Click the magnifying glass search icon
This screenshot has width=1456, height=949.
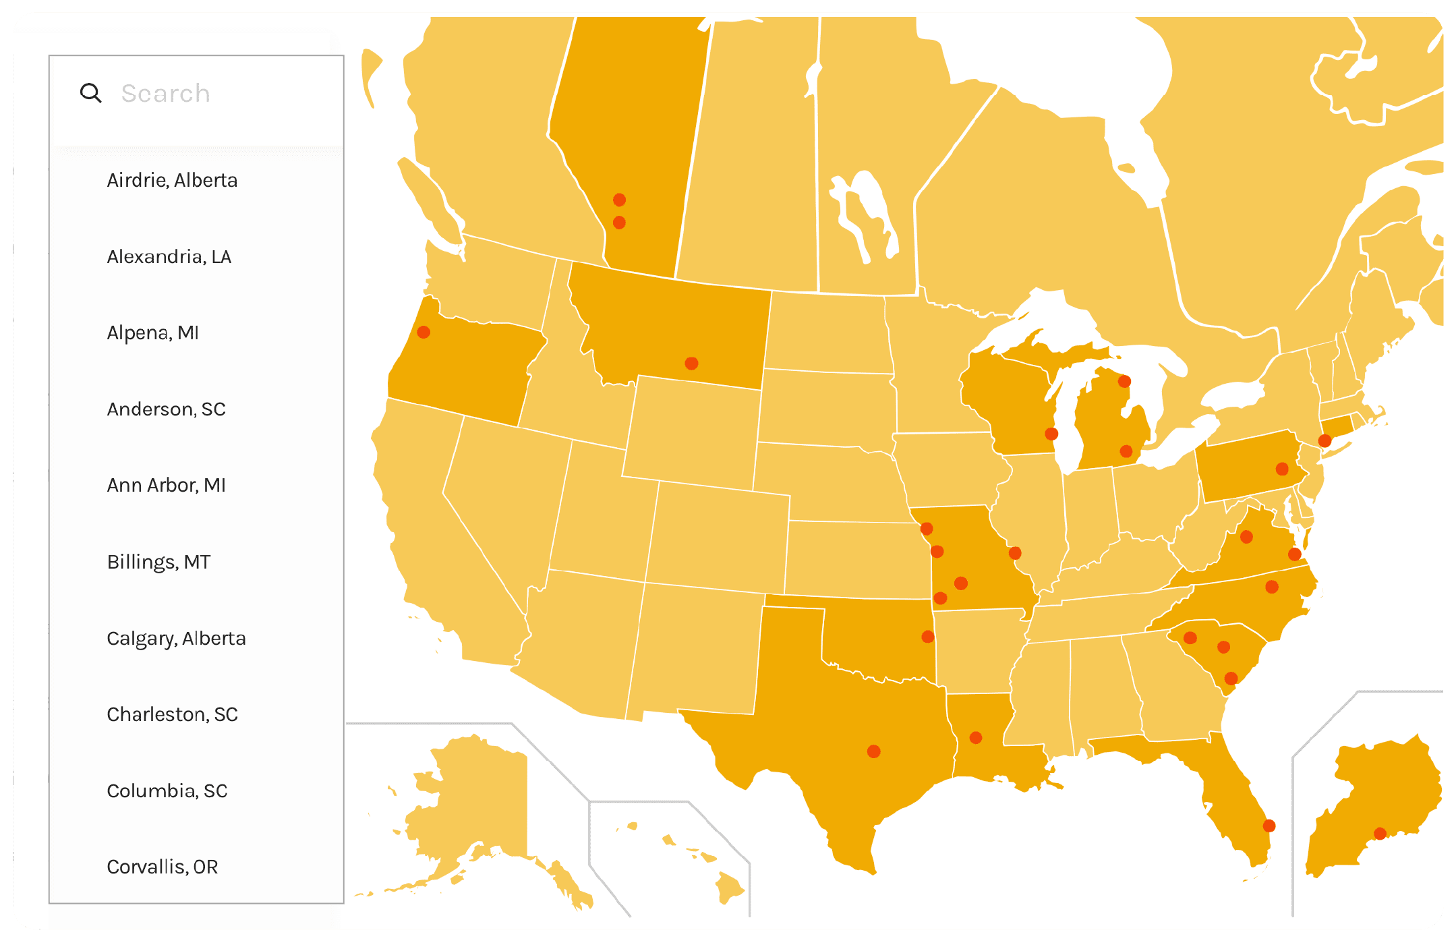[90, 93]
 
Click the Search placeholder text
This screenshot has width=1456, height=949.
[165, 93]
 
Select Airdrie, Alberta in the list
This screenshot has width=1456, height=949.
[172, 180]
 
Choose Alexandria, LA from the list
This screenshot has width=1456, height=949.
[169, 256]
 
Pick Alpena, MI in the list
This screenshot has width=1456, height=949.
[152, 333]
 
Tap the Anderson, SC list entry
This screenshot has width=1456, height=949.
[166, 409]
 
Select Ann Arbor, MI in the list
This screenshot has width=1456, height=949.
[166, 485]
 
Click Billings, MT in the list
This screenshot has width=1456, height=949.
[158, 562]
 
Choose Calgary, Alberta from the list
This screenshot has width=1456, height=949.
[176, 638]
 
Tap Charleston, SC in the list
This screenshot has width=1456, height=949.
[172, 714]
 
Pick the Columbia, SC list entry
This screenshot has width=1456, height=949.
[167, 790]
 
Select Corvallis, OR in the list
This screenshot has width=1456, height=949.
[162, 867]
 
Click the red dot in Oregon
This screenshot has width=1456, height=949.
[424, 332]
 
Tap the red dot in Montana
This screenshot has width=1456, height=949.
[691, 364]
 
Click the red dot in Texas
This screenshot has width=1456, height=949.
[873, 751]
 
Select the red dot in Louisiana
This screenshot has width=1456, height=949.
[976, 738]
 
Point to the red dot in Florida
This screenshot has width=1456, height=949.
[1269, 826]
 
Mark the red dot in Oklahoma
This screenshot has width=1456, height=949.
[928, 637]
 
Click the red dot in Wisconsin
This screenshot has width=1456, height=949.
[1051, 434]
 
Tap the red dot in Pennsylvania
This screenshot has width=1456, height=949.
[1282, 469]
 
